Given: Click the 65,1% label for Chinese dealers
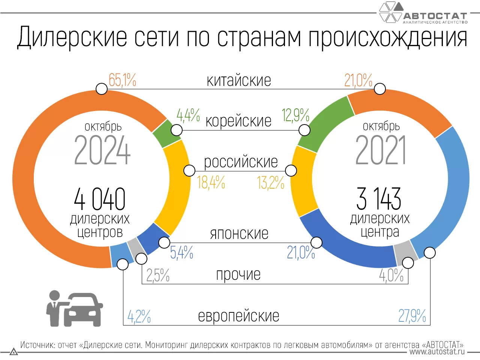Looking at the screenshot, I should (x=122, y=80).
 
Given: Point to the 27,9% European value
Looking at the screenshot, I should (x=412, y=316).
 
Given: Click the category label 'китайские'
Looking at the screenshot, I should (x=239, y=81).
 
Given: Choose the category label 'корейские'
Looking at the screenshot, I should (x=238, y=121).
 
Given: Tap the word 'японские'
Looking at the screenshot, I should (x=239, y=234).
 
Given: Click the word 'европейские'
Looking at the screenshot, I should (x=238, y=316).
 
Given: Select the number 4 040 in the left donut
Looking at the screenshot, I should (x=100, y=199).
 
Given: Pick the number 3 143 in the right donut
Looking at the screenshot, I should (x=379, y=199).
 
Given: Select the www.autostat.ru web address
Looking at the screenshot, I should (x=437, y=352).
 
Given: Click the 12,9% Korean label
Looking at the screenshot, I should (x=295, y=115).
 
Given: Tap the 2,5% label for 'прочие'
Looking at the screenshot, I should (x=158, y=276).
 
